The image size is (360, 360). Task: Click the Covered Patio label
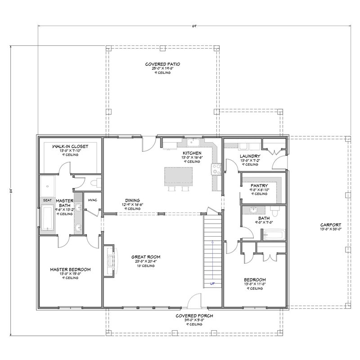[162, 64]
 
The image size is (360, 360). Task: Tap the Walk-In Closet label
[70, 146]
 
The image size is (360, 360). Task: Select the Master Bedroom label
[70, 270]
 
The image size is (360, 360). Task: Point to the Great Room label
[147, 257]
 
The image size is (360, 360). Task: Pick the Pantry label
[260, 185]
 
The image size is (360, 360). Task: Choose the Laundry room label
[250, 156]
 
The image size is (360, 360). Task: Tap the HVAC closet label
[93, 200]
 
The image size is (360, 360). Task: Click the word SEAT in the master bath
[47, 200]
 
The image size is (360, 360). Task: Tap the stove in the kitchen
[216, 169]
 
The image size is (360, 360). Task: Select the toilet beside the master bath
[93, 183]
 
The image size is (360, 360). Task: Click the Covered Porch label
[194, 316]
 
